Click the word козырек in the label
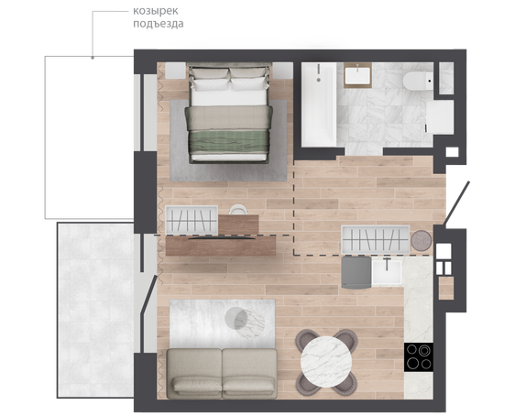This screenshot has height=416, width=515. (x=156, y=11)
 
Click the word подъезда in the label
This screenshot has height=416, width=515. (x=159, y=24)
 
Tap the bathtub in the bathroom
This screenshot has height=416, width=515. (x=319, y=104)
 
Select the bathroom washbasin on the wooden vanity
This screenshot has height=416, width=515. (x=357, y=75)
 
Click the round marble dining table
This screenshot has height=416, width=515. (x=326, y=361)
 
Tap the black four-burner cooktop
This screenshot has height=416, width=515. (x=419, y=357)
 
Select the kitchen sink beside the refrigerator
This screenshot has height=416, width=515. (x=387, y=272)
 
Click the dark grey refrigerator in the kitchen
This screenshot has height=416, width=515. (x=356, y=272)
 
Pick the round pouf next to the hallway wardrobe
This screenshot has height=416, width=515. (x=422, y=241)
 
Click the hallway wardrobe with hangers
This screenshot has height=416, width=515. (x=376, y=239)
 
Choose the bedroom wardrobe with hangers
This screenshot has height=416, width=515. (x=192, y=220)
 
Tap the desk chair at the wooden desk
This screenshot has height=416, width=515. (x=238, y=210)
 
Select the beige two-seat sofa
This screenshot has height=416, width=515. (x=222, y=374)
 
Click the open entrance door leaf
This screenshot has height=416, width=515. (x=457, y=203)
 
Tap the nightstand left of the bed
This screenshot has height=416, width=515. (x=175, y=71)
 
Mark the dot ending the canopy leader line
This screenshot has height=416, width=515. (x=93, y=58)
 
